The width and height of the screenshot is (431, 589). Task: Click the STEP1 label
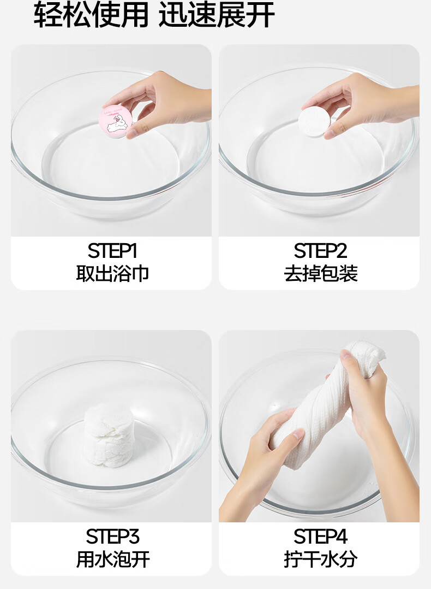[x=112, y=251]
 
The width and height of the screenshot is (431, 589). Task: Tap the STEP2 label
[x=320, y=251]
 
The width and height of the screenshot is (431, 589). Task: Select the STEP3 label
[x=112, y=537]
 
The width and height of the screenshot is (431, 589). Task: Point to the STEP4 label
[x=320, y=537]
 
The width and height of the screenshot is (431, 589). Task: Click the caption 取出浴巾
[x=112, y=273]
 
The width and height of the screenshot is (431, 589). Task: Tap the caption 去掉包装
[x=321, y=273]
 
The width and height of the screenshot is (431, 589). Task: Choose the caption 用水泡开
[x=113, y=559]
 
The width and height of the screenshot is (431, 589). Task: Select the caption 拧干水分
[x=321, y=559]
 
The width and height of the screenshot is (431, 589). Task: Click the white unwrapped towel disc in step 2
[x=315, y=121]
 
